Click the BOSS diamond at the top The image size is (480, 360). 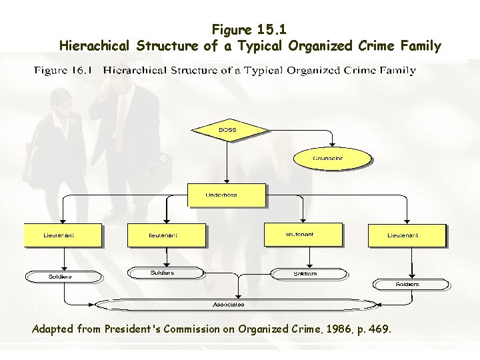point(229,129)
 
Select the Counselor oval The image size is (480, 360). point(332,159)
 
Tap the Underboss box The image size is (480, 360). point(226,195)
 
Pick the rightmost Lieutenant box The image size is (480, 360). point(407,235)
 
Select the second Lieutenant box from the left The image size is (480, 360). point(167,235)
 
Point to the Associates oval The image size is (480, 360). point(229,305)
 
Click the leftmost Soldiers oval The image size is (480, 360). point(64,276)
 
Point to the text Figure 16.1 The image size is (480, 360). point(64,70)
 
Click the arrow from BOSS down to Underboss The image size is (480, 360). point(227,160)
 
